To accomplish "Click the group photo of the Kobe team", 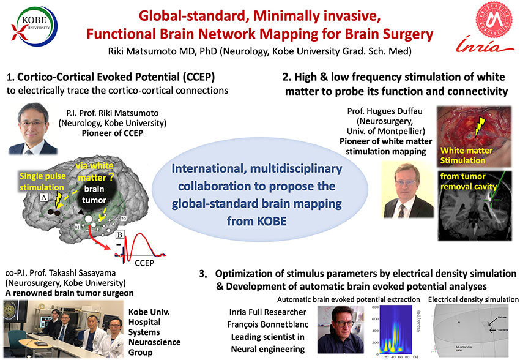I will [61, 327].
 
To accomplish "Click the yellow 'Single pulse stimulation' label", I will [34, 178].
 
